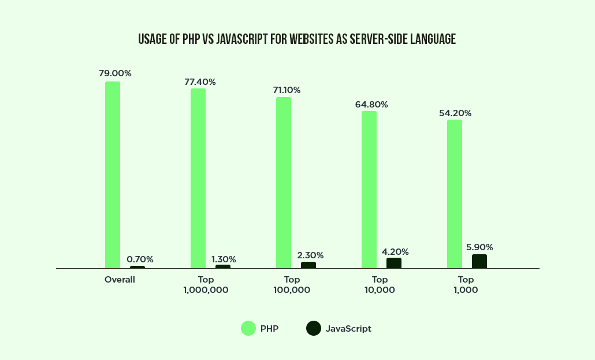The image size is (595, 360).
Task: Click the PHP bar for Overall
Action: pos(113,175)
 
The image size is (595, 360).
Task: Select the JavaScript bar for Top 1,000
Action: pos(479,261)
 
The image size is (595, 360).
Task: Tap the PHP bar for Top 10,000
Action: pos(369,190)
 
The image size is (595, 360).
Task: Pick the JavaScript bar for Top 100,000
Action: pos(308,265)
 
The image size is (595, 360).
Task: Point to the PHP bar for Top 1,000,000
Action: pos(198,178)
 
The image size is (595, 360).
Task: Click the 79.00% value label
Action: pos(115,73)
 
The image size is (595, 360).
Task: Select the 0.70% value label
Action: pos(140,259)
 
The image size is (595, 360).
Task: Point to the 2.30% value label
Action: pos(310,255)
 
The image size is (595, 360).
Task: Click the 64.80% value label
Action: pos(371,105)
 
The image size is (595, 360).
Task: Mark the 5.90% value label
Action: pos(479,247)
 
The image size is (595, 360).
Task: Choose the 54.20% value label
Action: pos(455,113)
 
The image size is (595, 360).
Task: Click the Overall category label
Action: pos(120,280)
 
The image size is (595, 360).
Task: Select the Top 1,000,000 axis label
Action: pos(206,285)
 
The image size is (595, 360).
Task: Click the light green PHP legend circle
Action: pos(248,328)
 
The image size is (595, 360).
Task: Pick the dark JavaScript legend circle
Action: pos(314,328)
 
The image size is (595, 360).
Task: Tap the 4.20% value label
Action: pos(396,252)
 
